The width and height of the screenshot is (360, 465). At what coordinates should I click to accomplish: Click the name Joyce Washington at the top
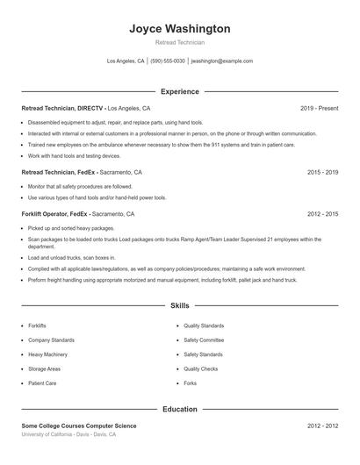pos(179,29)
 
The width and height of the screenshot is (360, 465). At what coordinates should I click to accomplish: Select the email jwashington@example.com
pos(221,61)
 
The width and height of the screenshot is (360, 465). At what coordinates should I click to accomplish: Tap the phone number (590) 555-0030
pos(168,61)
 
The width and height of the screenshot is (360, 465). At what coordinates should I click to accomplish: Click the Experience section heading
pos(179,91)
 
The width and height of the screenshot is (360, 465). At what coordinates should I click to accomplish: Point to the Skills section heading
pos(179,306)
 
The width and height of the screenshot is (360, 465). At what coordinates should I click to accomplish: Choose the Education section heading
pos(179,409)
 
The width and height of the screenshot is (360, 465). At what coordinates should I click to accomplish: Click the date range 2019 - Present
pos(319,108)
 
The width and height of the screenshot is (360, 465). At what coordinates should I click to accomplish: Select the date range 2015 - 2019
pos(322,173)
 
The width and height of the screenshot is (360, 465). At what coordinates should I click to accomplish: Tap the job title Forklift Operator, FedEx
pos(55,213)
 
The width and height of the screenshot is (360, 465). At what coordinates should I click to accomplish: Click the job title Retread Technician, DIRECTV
pos(61,108)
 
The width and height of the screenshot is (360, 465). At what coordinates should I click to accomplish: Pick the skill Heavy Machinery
pos(48,354)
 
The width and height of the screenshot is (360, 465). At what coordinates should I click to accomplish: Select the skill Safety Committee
pos(204,340)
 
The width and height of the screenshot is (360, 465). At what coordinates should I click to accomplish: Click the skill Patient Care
pos(42,383)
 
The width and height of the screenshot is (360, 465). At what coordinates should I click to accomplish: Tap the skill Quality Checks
pos(201,369)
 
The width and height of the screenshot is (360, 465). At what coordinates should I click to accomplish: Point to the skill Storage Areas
pos(45,369)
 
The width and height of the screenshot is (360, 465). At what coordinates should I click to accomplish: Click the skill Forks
pos(191,383)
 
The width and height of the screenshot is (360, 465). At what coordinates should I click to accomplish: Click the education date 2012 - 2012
pos(322,426)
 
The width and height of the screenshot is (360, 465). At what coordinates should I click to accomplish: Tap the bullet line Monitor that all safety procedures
pos(80,186)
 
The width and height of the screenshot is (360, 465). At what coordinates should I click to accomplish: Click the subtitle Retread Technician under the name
pos(179,42)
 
